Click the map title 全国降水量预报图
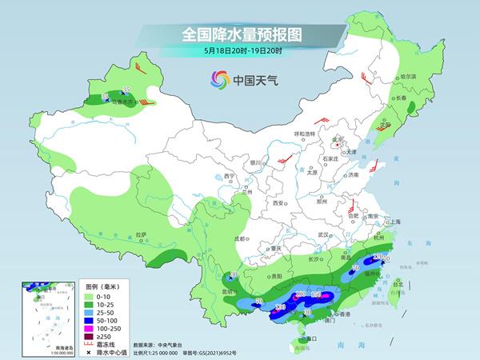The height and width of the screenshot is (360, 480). coord(243,34)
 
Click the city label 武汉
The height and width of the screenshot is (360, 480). coord(323,234)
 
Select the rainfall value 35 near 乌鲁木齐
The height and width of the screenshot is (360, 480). coord(126,90)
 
